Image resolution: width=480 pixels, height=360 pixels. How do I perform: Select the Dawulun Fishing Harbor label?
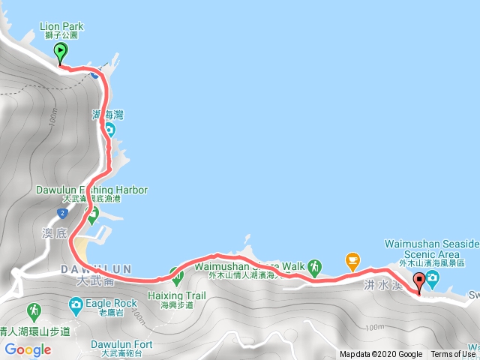[91, 190]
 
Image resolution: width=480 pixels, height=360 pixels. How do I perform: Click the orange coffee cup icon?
[352, 260]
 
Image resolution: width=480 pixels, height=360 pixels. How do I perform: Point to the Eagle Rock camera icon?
[76, 304]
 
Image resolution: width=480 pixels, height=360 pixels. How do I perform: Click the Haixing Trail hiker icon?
[176, 277]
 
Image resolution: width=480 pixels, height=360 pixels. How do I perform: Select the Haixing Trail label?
[176, 296]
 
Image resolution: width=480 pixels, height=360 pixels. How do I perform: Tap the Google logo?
[28, 349]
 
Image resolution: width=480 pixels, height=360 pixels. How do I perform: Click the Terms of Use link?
[452, 355]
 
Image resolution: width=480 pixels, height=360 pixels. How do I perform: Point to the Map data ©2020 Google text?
[381, 355]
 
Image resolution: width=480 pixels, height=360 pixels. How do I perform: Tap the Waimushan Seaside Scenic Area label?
[431, 244]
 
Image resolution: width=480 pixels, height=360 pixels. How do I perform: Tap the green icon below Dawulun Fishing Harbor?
[92, 217]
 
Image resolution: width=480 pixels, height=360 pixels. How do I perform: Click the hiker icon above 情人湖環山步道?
[34, 310]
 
